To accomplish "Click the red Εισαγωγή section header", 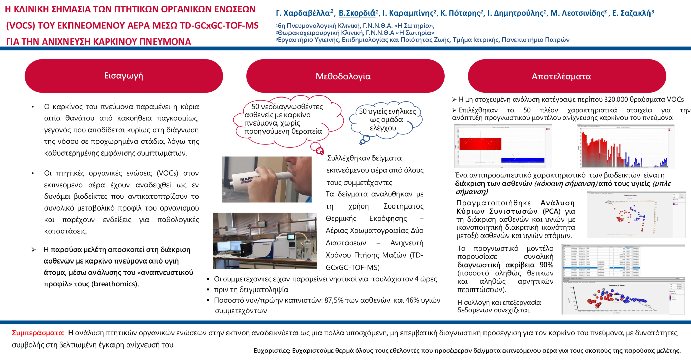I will coord(123,76).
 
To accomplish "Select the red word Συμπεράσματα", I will coord(38,333).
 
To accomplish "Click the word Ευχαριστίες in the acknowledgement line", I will coord(272,351).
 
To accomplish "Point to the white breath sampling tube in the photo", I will coord(260,179).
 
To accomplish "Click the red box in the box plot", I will coord(480,144).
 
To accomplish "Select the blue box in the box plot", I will coord(523,160).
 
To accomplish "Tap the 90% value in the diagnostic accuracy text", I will coord(547,265).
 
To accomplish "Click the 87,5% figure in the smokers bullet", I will coord(334,300).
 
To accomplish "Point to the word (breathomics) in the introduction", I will coord(115,284).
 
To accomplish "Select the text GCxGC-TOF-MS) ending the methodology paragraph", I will coord(352,268).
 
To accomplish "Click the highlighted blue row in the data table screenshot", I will coord(601,268).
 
